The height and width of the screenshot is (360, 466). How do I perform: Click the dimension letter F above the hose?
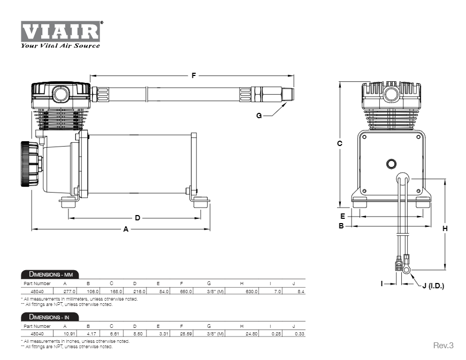[194, 75]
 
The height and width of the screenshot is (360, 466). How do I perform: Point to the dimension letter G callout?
[258, 116]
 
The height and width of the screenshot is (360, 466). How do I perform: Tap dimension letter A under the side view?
[126, 229]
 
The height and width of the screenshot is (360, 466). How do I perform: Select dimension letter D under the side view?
[137, 218]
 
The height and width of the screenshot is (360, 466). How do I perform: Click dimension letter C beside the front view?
[340, 143]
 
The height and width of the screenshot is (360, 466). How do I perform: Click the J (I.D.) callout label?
[433, 286]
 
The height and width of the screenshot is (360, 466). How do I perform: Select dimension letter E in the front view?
[342, 216]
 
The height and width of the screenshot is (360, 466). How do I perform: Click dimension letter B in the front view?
[340, 226]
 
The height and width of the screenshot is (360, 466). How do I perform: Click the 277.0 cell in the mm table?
[70, 291]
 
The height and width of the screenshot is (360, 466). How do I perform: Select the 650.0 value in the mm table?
[186, 291]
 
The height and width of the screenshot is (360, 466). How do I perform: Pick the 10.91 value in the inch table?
[70, 333]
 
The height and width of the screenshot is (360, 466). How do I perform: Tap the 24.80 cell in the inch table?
[251, 333]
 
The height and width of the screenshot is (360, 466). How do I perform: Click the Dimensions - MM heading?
[50, 274]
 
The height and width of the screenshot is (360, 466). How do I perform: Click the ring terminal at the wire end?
[407, 270]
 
